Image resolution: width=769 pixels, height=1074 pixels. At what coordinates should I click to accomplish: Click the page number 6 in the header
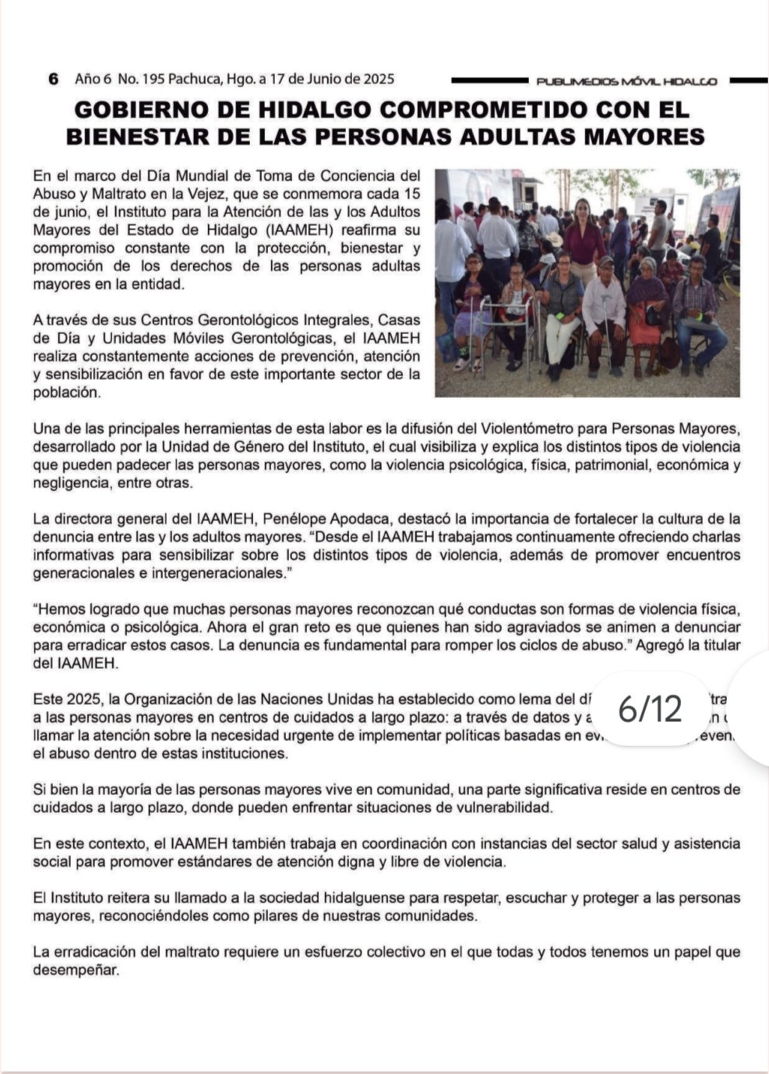[x=53, y=79]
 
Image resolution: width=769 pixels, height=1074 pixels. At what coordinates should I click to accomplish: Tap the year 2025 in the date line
[x=378, y=79]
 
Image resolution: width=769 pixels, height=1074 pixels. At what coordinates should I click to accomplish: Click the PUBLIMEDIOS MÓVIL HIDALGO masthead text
[x=626, y=81]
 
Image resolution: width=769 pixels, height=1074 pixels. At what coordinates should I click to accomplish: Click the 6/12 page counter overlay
[x=650, y=709]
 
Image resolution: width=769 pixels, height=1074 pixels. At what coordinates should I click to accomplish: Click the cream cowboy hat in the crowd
[x=554, y=239]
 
